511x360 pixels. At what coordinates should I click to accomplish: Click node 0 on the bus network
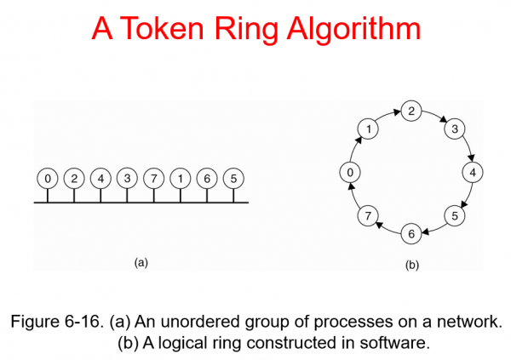point(47,179)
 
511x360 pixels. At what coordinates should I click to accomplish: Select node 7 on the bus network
point(153,179)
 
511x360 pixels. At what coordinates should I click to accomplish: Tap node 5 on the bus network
point(233,179)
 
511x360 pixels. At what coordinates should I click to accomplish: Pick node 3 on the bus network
point(127,179)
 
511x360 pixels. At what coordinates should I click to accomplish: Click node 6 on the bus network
point(207,179)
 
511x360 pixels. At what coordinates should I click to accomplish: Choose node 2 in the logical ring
point(411,111)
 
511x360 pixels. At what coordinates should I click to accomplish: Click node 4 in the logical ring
point(472,172)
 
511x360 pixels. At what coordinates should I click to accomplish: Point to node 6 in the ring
point(411,233)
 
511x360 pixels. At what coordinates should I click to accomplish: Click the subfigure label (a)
point(142,263)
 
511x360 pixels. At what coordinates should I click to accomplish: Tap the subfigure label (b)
point(411,266)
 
